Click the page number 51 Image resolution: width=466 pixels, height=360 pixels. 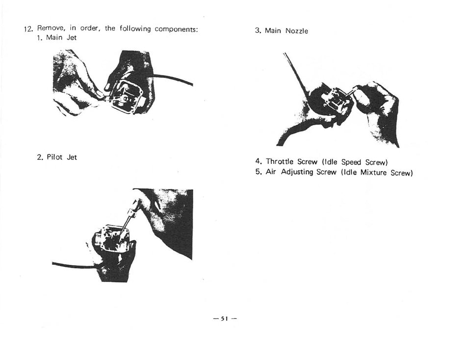tap(225, 319)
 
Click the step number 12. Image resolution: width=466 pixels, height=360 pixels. tap(28, 29)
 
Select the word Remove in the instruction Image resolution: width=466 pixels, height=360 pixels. tap(51, 28)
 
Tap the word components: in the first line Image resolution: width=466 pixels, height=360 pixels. tap(176, 29)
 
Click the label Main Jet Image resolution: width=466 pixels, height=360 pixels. tap(61, 38)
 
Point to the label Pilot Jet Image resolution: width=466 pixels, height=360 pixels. tap(62, 157)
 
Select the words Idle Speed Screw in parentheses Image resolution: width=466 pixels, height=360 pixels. tap(355, 162)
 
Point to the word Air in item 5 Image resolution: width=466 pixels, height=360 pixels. tap(271, 172)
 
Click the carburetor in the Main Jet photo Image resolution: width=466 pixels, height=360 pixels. tap(126, 96)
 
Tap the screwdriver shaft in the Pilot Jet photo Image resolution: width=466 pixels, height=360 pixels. tap(127, 222)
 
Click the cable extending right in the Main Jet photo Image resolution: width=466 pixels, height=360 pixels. tap(173, 79)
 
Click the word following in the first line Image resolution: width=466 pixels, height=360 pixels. tap(135, 29)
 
